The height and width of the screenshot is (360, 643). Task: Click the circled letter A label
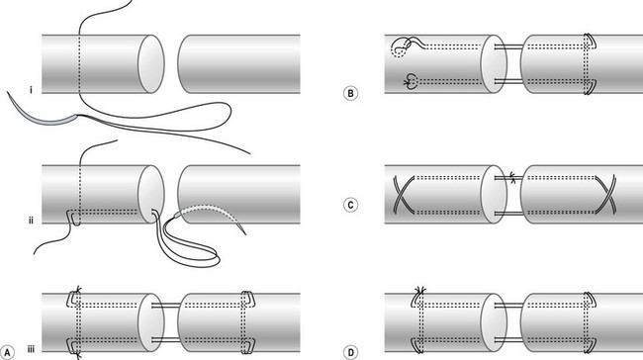point(7,352)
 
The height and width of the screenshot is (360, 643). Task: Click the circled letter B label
point(350,94)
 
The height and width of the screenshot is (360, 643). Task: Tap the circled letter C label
point(350,205)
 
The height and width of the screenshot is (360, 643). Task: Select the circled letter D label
point(350,352)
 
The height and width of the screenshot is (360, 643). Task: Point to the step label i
point(32,90)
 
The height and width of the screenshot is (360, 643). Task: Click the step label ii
point(32,221)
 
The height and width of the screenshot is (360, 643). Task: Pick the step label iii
point(32,349)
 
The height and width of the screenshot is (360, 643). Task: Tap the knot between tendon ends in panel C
point(512,177)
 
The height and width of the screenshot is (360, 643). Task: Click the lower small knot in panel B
point(411,81)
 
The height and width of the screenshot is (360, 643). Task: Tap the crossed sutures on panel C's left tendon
point(403,193)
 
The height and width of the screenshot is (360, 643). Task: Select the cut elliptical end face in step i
point(151,64)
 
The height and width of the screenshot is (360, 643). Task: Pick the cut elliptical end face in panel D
point(494,322)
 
